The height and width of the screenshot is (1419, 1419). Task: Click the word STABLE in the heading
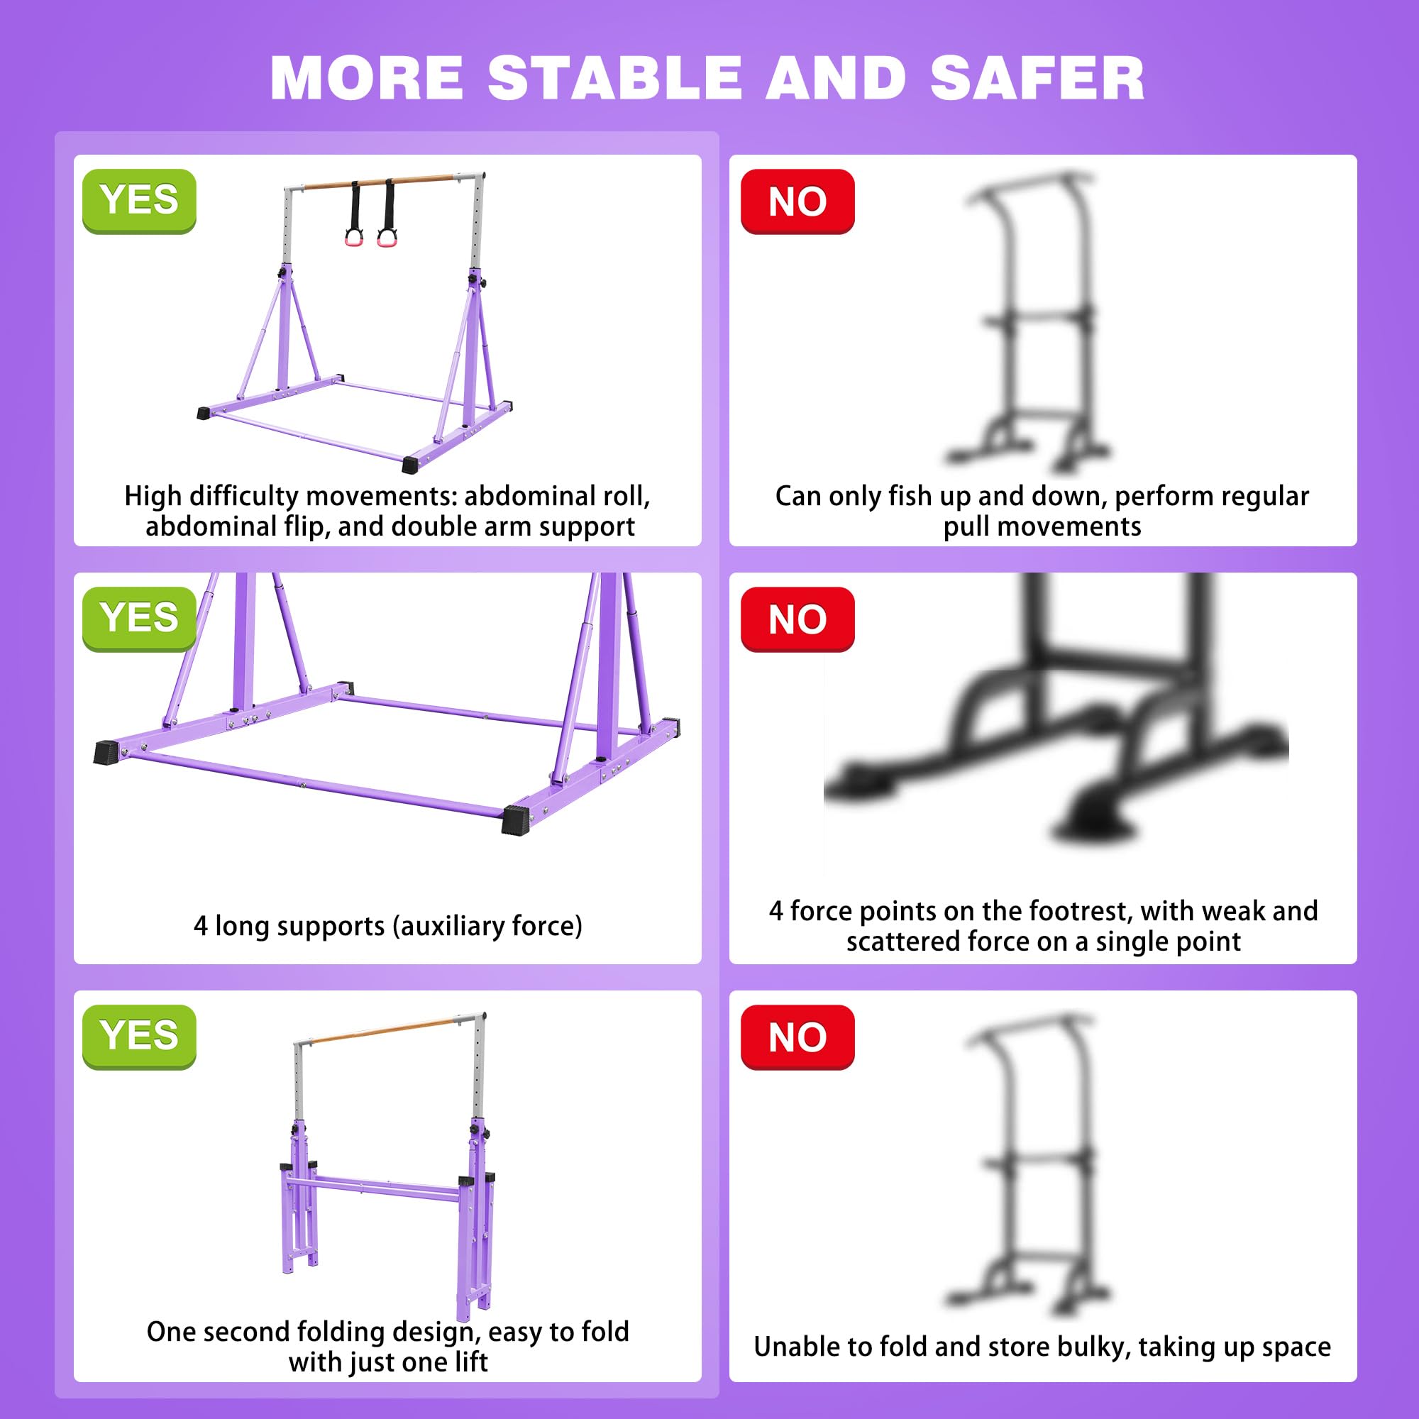pyautogui.click(x=614, y=77)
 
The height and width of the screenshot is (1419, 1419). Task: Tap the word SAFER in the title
pyautogui.click(x=1037, y=77)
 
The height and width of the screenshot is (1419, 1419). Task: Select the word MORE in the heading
pyautogui.click(x=368, y=77)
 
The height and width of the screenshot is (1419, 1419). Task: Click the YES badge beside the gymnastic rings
pyautogui.click(x=140, y=201)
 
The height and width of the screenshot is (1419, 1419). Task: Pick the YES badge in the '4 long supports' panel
pyautogui.click(x=140, y=619)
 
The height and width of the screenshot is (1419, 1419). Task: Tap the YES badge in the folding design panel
pyautogui.click(x=140, y=1037)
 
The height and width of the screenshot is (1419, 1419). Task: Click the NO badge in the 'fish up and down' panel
pyautogui.click(x=797, y=201)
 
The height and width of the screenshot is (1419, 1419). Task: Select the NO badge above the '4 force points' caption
pyautogui.click(x=797, y=619)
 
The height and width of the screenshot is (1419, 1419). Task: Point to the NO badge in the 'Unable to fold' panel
pyautogui.click(x=797, y=1037)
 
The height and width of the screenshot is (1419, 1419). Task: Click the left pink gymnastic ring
pyautogui.click(x=354, y=238)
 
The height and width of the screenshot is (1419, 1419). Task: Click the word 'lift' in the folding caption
pyautogui.click(x=472, y=1362)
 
